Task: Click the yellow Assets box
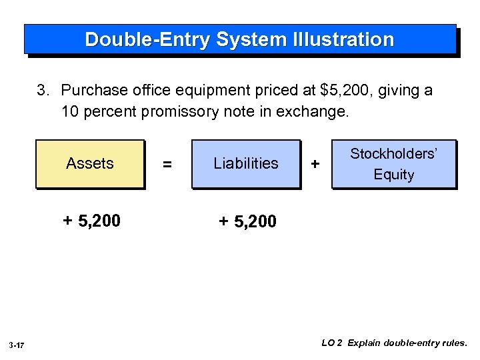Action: [x=90, y=163]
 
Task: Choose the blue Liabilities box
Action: [x=246, y=163]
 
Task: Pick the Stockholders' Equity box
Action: [x=393, y=164]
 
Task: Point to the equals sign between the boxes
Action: [x=167, y=164]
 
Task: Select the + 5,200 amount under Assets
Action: [x=91, y=221]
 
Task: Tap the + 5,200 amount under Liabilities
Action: [x=247, y=221]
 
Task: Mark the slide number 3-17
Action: [x=17, y=345]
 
